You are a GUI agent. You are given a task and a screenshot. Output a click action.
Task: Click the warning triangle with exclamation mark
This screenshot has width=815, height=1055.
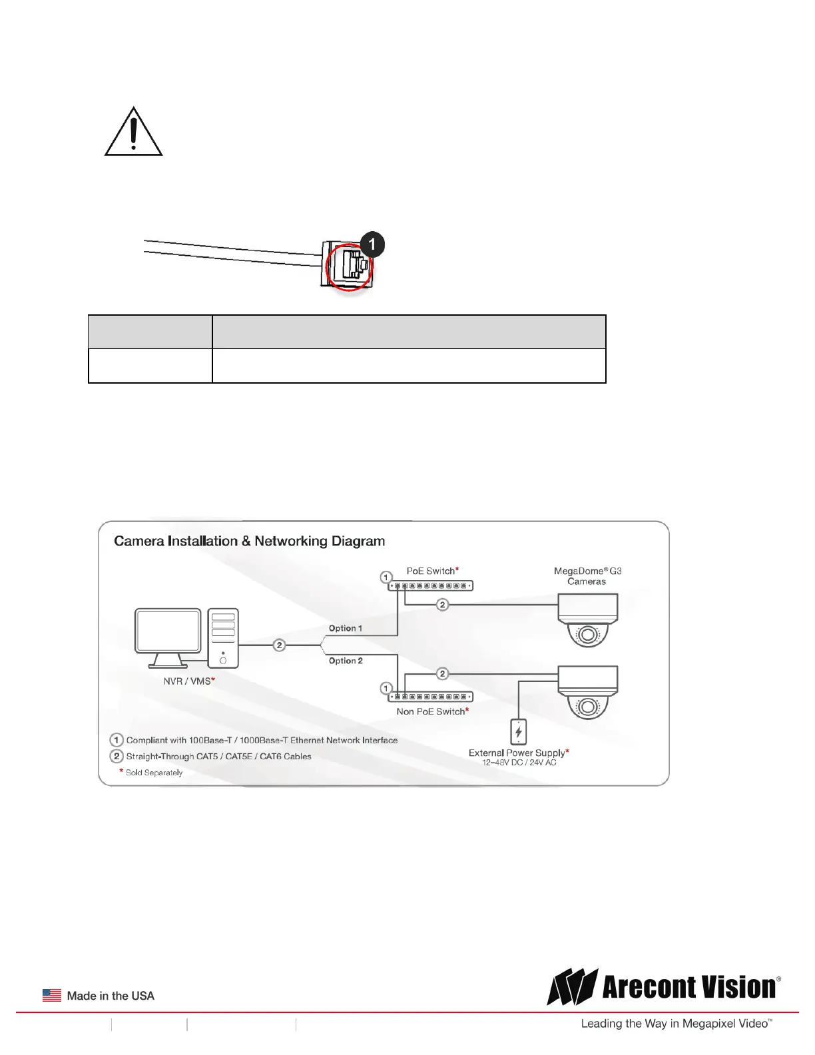(x=133, y=133)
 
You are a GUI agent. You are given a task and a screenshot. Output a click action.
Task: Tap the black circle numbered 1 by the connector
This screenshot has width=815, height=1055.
(x=372, y=244)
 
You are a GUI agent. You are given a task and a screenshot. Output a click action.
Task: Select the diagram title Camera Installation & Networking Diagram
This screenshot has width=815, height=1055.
(x=249, y=541)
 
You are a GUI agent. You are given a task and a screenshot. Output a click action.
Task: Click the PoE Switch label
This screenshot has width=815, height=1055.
(x=432, y=571)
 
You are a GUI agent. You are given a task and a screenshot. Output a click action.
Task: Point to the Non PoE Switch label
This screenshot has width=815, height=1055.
(x=432, y=711)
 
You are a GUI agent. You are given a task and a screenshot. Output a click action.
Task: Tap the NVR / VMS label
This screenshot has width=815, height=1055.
(x=188, y=681)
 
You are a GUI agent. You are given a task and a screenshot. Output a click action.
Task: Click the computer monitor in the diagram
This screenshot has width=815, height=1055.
(x=168, y=633)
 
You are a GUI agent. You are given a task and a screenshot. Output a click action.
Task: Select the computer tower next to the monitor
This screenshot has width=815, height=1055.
(x=223, y=637)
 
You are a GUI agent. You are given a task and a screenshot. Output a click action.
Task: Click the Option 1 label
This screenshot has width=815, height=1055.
(x=346, y=628)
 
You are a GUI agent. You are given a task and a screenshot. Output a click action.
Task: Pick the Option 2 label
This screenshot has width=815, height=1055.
(x=346, y=661)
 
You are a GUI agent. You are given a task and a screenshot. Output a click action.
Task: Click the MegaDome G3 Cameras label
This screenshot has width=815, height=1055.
(x=587, y=576)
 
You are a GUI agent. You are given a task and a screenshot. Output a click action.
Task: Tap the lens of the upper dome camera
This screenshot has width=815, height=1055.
(x=587, y=635)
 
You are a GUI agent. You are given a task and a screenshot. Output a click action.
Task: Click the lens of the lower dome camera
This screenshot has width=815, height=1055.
(x=587, y=706)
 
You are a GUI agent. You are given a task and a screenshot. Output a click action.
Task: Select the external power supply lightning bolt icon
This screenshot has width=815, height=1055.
(x=519, y=732)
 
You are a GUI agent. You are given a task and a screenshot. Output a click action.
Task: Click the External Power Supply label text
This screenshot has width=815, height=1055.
(x=518, y=753)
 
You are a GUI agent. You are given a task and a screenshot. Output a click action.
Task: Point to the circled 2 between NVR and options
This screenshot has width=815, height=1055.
(x=280, y=645)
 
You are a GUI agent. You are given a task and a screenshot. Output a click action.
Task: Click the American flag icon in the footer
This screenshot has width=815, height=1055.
(x=52, y=995)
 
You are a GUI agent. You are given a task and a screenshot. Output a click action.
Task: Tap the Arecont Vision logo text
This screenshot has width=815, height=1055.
(x=689, y=987)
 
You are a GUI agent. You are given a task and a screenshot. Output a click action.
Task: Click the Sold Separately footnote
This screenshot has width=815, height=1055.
(x=154, y=773)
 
